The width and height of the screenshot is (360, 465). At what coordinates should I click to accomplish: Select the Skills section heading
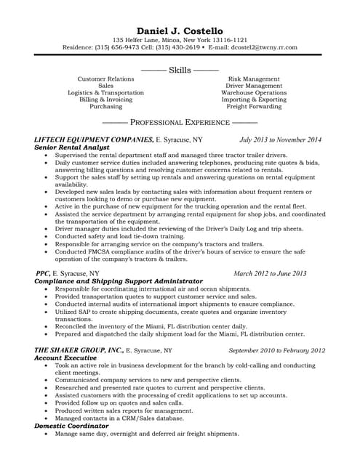click(180, 70)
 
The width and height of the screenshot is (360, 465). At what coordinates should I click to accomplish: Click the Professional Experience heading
click(180, 123)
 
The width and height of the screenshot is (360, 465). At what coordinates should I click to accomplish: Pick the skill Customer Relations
click(105, 78)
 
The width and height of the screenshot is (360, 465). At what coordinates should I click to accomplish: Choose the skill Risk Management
click(254, 78)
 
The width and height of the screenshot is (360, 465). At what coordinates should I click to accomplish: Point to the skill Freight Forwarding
click(254, 106)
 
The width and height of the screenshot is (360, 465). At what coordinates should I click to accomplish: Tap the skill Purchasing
click(105, 106)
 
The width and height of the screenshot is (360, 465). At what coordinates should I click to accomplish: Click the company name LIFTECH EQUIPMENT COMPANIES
click(94, 139)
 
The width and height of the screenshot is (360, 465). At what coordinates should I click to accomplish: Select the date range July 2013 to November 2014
click(280, 139)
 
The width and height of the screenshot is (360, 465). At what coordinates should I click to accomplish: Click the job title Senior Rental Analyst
click(71, 146)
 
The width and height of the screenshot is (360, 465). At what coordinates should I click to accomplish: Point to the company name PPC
click(43, 273)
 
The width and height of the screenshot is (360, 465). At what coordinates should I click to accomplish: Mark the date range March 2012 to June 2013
click(270, 273)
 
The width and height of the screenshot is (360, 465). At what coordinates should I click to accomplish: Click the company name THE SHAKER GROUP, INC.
click(79, 349)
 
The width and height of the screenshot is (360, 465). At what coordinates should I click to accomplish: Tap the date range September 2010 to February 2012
click(276, 349)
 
